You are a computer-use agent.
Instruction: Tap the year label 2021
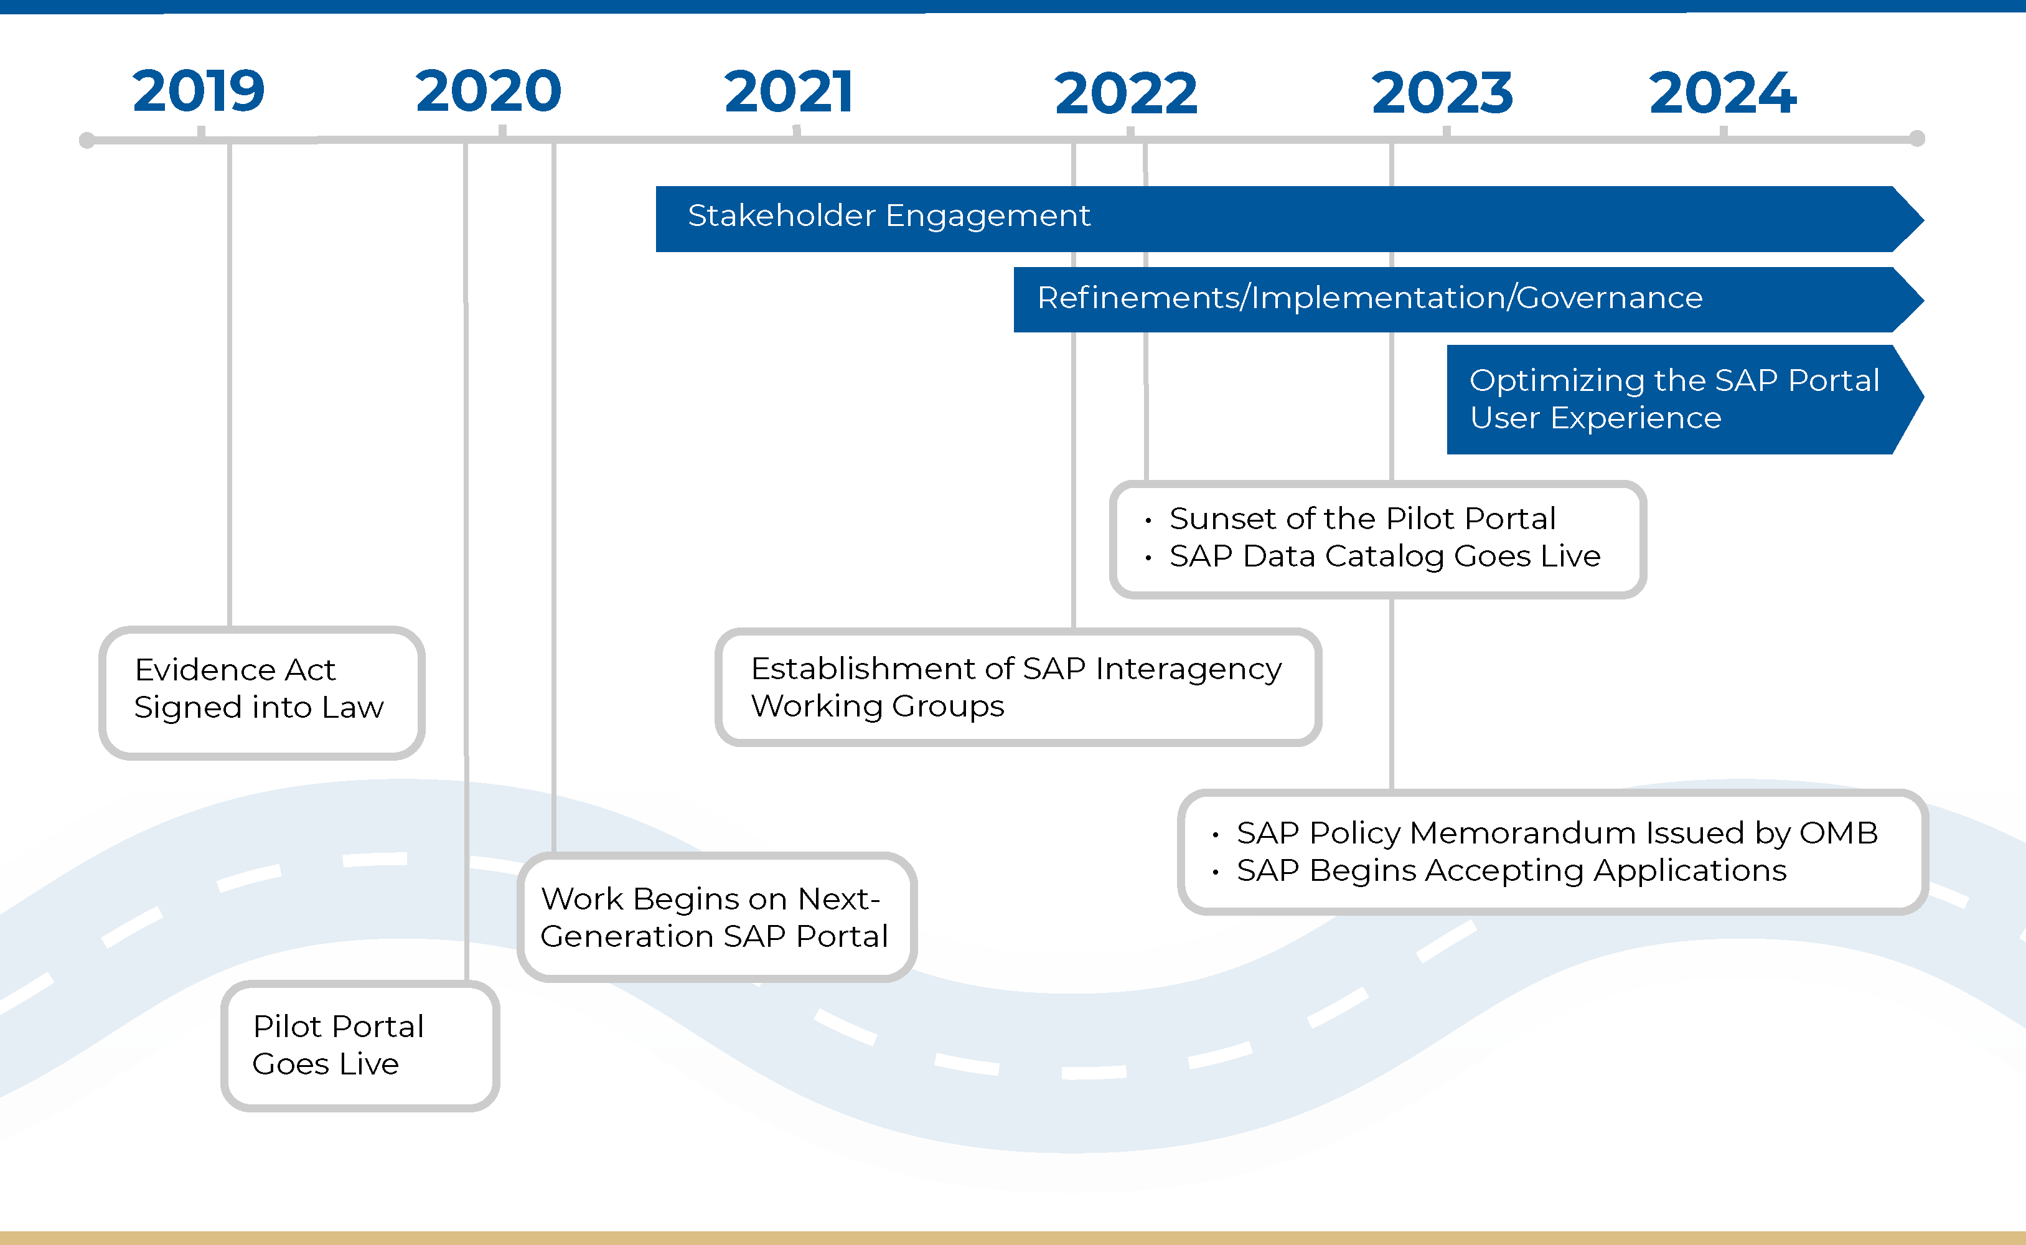[788, 92]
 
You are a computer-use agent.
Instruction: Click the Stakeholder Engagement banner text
[888, 216]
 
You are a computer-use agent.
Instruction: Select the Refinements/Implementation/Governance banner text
[1369, 298]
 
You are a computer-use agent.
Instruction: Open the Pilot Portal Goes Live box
[359, 1045]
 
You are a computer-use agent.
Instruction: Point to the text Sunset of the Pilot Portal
[1362, 519]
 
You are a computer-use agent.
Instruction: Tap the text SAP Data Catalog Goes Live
[1385, 557]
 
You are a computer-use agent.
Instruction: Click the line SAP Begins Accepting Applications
[1511, 870]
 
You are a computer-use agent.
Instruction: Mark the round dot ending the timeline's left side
[87, 140]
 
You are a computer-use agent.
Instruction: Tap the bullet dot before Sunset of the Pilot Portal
[1148, 520]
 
